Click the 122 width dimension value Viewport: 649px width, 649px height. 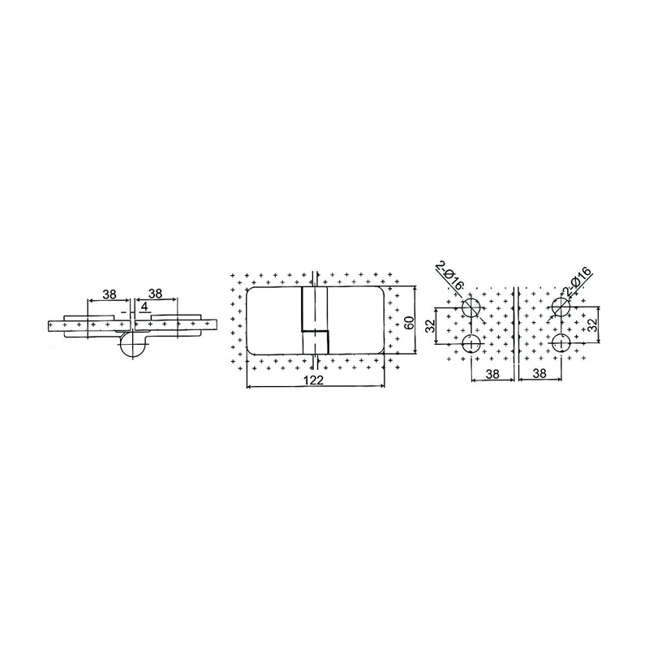click(x=316, y=380)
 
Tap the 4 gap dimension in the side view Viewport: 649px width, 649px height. click(x=144, y=307)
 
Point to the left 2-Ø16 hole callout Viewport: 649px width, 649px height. click(x=448, y=275)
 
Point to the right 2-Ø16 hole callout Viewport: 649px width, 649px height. click(x=585, y=275)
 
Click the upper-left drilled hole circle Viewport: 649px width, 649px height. click(x=471, y=307)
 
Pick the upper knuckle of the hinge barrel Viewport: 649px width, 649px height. click(x=308, y=307)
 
